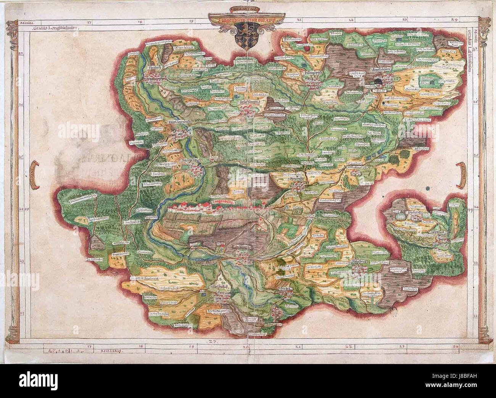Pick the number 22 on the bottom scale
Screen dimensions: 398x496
tap(348, 347)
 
